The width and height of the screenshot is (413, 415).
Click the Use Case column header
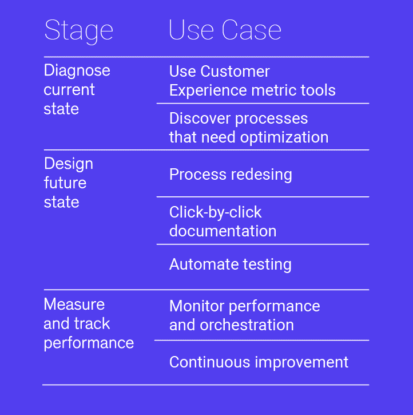(225, 30)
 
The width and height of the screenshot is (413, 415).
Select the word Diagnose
(77, 71)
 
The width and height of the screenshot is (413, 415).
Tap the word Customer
(235, 71)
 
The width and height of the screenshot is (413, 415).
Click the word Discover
(200, 118)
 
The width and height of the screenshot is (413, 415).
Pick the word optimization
(284, 137)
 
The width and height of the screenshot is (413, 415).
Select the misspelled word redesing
(261, 175)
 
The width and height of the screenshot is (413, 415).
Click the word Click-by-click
(216, 212)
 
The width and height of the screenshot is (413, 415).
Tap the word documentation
(223, 231)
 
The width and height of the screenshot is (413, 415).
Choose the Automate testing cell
(231, 264)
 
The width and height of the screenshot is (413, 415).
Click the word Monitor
(197, 306)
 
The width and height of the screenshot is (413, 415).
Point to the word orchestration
(247, 325)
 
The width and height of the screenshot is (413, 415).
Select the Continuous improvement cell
(259, 362)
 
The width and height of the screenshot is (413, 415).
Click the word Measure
(74, 304)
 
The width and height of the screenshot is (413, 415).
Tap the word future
(65, 183)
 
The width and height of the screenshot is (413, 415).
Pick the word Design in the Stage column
(69, 164)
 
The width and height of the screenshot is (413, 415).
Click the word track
(92, 323)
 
